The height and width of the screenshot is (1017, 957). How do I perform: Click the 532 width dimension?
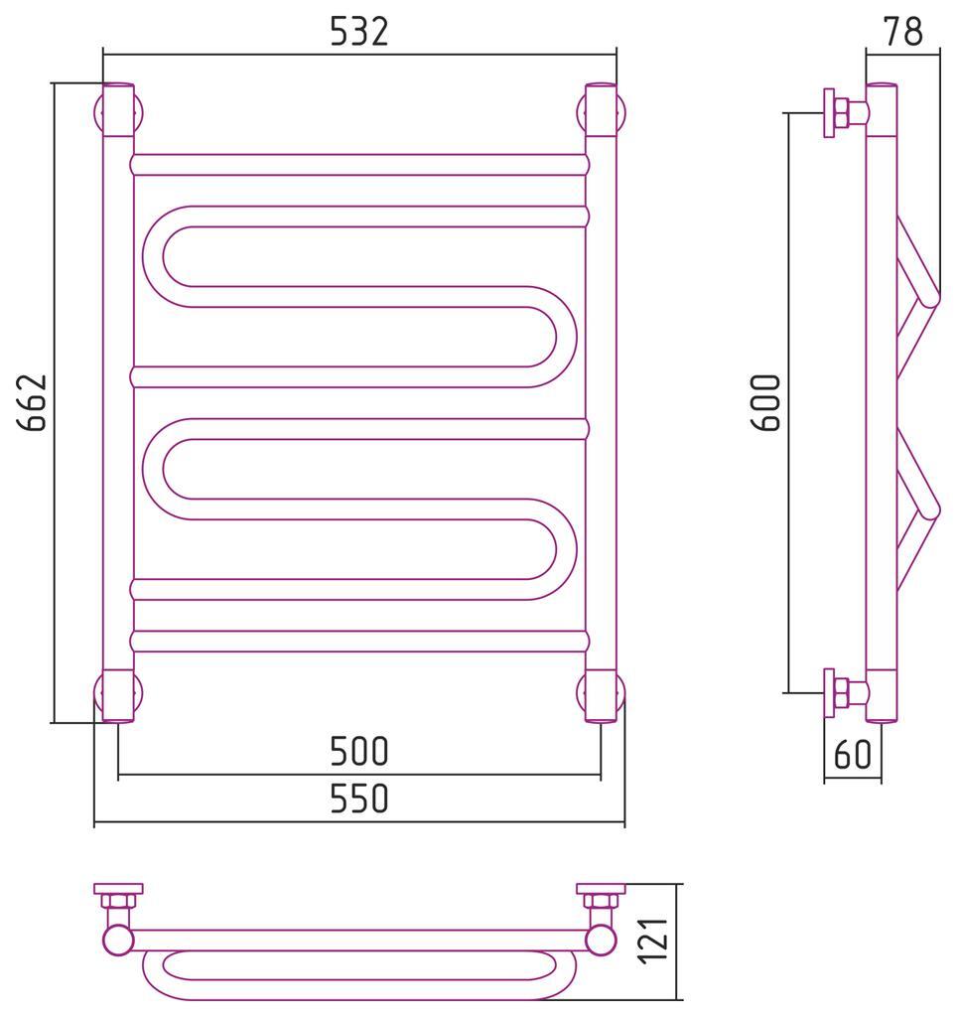[x=359, y=31]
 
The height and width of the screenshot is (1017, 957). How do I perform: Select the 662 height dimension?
[x=33, y=402]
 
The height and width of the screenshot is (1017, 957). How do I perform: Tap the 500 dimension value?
[x=359, y=751]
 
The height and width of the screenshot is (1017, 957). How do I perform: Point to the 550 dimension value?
[x=359, y=799]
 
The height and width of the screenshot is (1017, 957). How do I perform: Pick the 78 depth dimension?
[x=902, y=31]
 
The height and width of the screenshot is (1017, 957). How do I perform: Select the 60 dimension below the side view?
[x=853, y=755]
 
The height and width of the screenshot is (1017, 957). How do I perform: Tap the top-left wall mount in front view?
[x=118, y=112]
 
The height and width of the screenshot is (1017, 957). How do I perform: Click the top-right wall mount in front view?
[x=601, y=112]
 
